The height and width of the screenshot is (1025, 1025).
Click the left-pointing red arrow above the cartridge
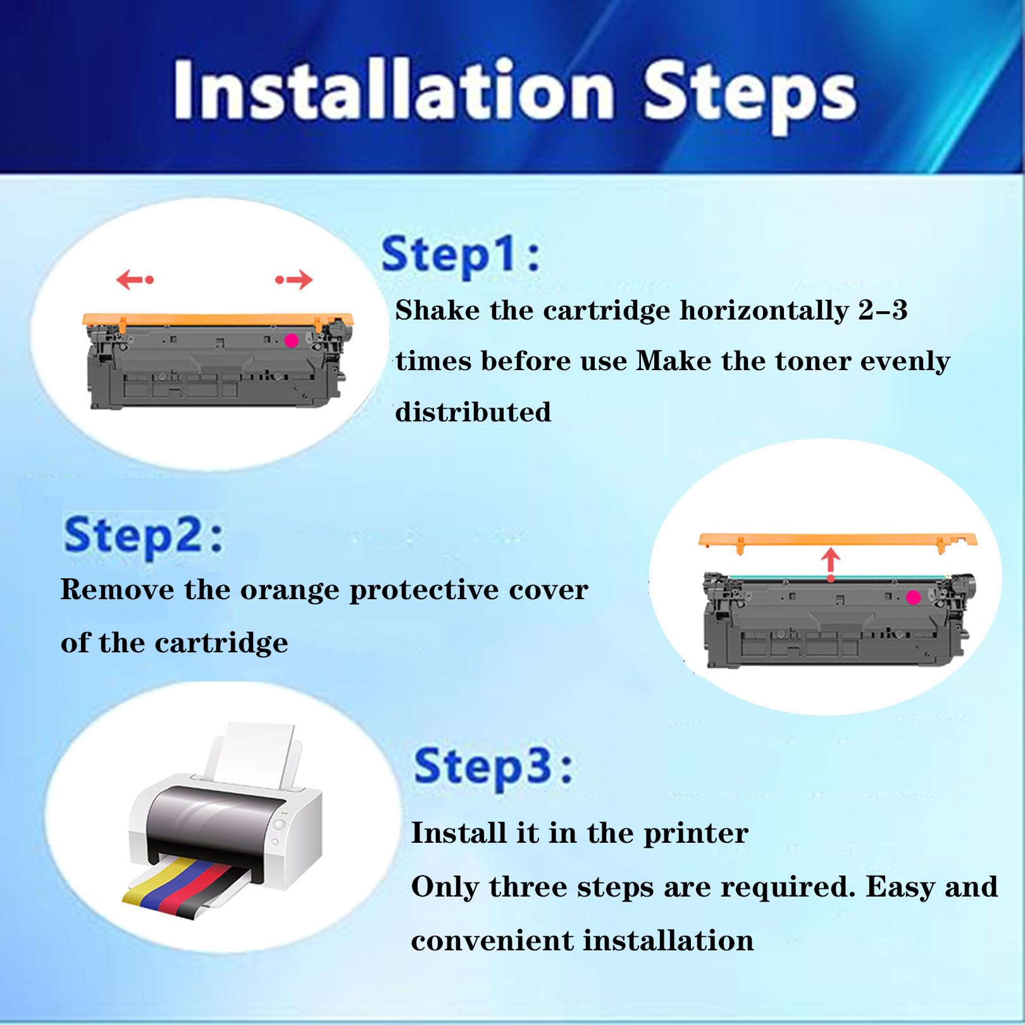coord(135,279)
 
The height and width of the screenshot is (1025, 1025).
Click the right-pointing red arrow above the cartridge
coord(294,279)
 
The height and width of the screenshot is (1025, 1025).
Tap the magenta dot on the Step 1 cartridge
coord(291,340)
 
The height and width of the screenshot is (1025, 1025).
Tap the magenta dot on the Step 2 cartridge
coord(913,597)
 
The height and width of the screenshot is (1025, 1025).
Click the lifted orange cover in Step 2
coord(838,542)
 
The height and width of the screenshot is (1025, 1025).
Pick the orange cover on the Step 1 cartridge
coord(218,320)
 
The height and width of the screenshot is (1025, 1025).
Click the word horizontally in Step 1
coord(764,311)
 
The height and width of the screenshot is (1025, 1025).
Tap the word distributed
coord(473,412)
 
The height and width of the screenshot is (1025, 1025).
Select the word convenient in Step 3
coord(492,941)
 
